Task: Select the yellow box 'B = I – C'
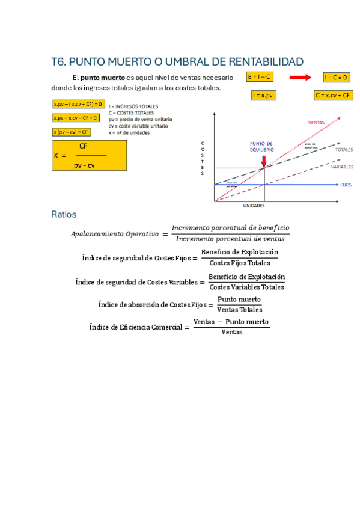pos(260,77)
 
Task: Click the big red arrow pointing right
pos(300,78)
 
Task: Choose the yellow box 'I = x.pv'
pos(263,95)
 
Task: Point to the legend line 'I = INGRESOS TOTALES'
pos(134,105)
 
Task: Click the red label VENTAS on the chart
pos(316,122)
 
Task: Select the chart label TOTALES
pos(344,149)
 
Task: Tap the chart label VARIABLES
pos(341,167)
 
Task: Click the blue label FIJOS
pos(346,185)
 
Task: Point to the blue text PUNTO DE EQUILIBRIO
pos(261,146)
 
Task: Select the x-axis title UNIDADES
pos(254,206)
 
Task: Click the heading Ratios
pos(64,214)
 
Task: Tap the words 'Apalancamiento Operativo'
pos(114,233)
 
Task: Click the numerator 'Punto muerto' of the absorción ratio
pos(239,299)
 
